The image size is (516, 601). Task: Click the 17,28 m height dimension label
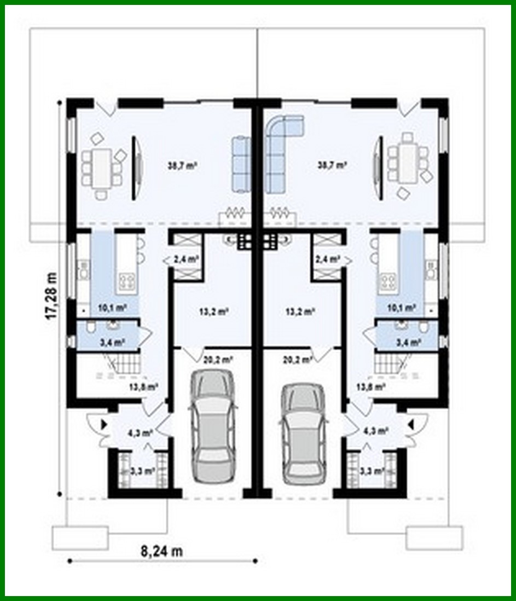(53, 294)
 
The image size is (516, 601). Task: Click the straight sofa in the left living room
(240, 164)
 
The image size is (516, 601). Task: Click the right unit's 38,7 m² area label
(333, 164)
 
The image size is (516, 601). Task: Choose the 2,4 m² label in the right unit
(327, 259)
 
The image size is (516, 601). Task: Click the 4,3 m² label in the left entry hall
(140, 432)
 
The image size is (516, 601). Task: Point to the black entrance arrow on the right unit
(412, 422)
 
